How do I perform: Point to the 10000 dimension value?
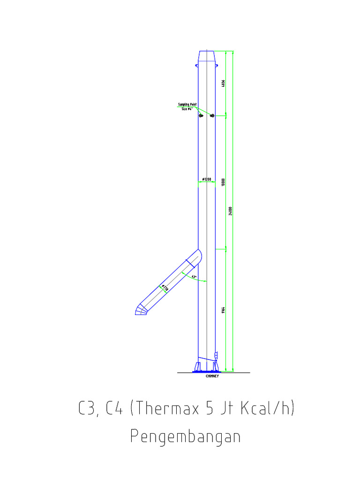click(224, 181)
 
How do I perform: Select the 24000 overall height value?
click(231, 211)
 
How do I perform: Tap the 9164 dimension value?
click(224, 310)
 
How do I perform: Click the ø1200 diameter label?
click(206, 180)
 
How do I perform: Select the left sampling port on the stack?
click(201, 115)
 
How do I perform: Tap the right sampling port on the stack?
click(212, 115)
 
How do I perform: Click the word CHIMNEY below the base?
click(212, 376)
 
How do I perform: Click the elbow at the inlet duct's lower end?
click(141, 310)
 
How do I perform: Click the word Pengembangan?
click(185, 437)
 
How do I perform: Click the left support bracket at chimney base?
click(197, 366)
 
